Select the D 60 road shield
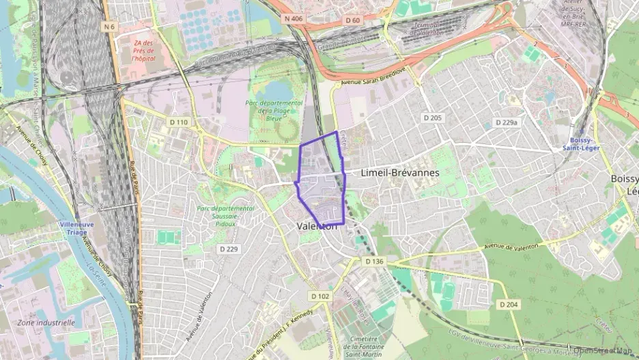coord(352,20)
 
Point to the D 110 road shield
coord(177,122)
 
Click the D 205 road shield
coord(432,117)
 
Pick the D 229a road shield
coord(506,123)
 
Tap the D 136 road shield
coord(374,261)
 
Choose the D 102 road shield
coord(319,296)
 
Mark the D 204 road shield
coord(508,304)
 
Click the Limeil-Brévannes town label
coord(399,173)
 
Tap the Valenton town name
coord(317,226)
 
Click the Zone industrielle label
coord(46,322)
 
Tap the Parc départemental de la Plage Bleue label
coord(269,111)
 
